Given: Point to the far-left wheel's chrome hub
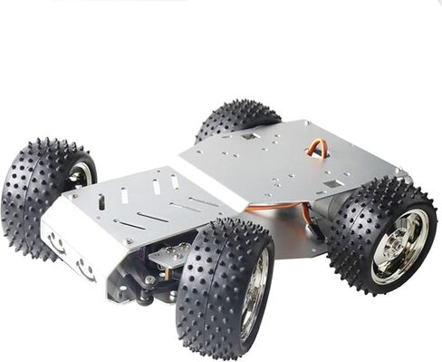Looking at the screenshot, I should click(x=82, y=174).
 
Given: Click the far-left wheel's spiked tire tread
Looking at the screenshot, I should click(x=36, y=191).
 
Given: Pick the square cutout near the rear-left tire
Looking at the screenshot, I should click(x=246, y=137).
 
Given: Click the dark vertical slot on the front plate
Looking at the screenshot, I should click(x=101, y=201).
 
